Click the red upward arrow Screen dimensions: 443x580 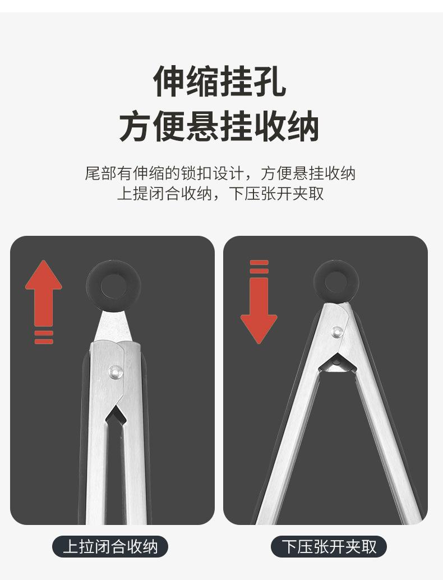tap(44, 292)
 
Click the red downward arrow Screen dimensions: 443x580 tap(259, 310)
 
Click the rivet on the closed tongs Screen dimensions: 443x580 tap(116, 371)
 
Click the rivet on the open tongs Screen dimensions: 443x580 tap(336, 332)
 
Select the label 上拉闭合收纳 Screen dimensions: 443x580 tap(110, 546)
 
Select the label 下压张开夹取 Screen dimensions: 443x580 tap(329, 546)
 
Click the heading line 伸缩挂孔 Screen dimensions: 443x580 tap(220, 81)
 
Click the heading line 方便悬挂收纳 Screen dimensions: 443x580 tap(219, 126)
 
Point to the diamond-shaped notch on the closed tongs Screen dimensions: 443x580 tap(116, 415)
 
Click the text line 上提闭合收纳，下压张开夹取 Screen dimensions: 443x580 tap(220, 193)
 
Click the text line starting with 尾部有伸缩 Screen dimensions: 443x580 tap(220, 173)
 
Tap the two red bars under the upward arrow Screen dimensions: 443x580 tap(44, 337)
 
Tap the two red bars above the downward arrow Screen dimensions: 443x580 tap(259, 267)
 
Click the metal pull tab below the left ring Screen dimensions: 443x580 tap(113, 326)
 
